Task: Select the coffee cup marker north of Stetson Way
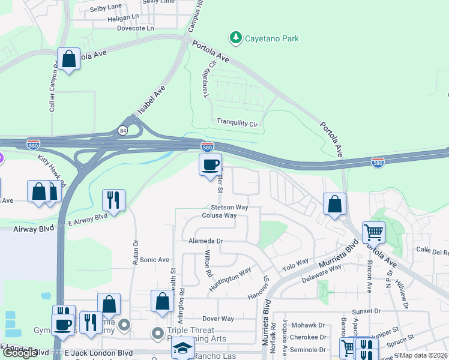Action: point(210,165)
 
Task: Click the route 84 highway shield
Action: point(122,130)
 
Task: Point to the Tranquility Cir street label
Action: point(237,122)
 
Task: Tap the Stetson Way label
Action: point(229,207)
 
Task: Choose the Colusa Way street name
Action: point(219,215)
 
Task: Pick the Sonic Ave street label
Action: point(155,260)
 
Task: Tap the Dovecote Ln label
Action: point(135,28)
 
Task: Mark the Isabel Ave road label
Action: point(151,100)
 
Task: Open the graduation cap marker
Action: point(182,348)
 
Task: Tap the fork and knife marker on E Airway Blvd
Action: point(113,199)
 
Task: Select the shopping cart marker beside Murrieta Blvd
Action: point(373,232)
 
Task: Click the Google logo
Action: point(21,353)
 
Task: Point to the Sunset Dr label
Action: point(367,311)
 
